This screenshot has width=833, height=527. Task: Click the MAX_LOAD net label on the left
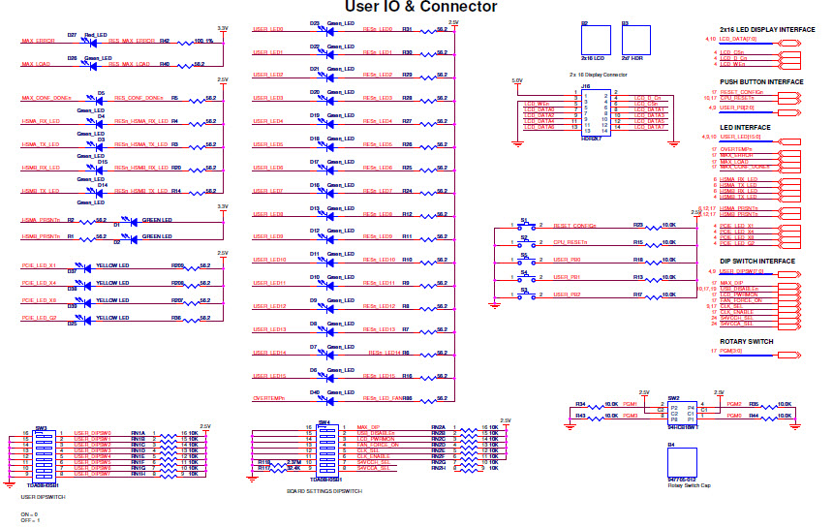36,65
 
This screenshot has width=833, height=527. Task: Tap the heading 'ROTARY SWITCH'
746,341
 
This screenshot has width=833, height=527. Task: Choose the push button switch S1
525,225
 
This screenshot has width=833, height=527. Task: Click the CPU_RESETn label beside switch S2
571,243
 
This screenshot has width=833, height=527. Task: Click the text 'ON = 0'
30,513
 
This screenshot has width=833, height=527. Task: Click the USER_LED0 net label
267,29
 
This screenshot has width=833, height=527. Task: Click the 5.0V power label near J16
516,81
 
